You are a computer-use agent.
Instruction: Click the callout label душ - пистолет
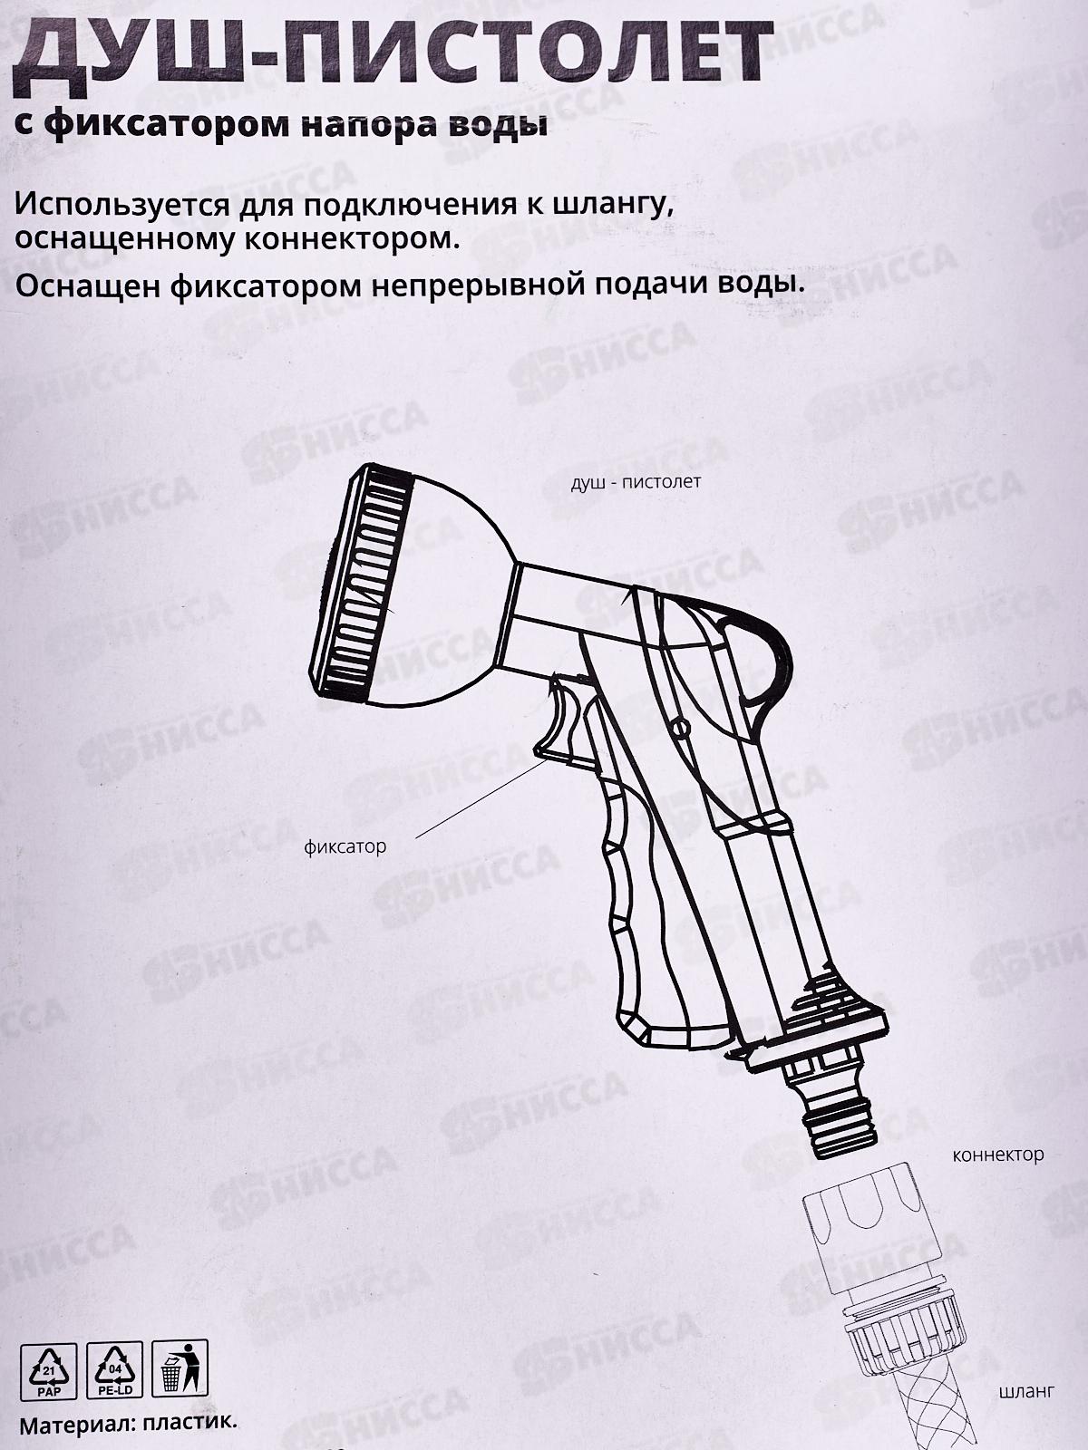[x=636, y=481]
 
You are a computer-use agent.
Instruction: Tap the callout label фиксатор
[x=345, y=846]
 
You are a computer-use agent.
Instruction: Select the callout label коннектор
[x=998, y=1155]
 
